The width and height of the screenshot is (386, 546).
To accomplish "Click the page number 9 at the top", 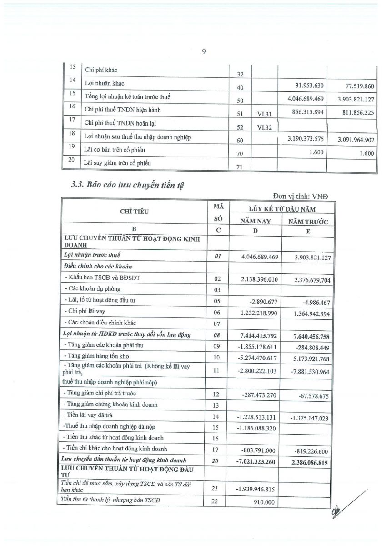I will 204,51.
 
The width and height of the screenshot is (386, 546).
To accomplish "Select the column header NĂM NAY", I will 256,221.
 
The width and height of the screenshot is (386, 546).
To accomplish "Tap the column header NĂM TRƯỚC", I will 308,222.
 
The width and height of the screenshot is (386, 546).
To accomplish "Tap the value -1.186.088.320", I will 258,427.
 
